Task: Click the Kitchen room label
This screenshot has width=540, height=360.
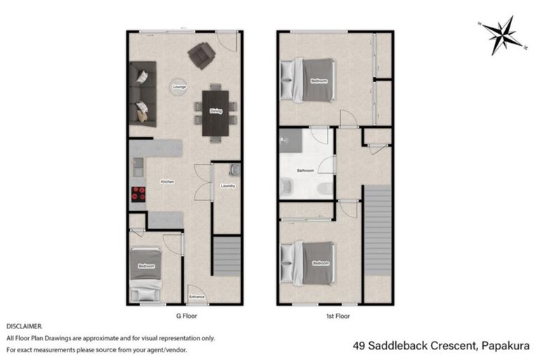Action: pyautogui.click(x=167, y=181)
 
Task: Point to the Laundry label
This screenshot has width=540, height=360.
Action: pyautogui.click(x=227, y=186)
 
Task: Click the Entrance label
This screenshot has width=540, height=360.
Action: pyautogui.click(x=196, y=297)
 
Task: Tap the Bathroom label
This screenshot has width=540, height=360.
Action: pyautogui.click(x=304, y=170)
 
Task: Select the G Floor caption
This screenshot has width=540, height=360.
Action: pyautogui.click(x=186, y=316)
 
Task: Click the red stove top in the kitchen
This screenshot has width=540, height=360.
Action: pyautogui.click(x=138, y=195)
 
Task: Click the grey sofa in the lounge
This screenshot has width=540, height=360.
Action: pyautogui.click(x=141, y=93)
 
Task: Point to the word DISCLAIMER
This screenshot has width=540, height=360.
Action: pyautogui.click(x=25, y=327)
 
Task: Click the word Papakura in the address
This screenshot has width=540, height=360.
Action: pyautogui.click(x=507, y=345)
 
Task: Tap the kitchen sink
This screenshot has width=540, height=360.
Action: pyautogui.click(x=137, y=167)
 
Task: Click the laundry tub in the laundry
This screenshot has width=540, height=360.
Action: pyautogui.click(x=235, y=169)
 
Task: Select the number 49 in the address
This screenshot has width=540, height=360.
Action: pyautogui.click(x=359, y=345)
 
